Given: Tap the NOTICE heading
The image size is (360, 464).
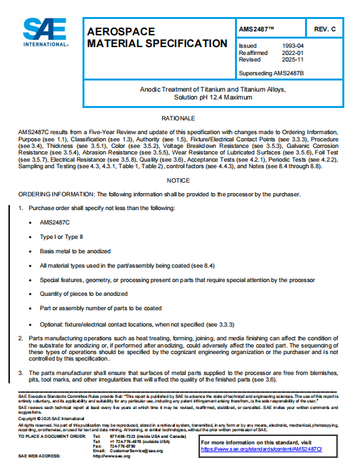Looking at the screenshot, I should pyautogui.click(x=179, y=180).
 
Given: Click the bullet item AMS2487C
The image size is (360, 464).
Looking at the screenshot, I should pyautogui.click(x=55, y=223).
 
